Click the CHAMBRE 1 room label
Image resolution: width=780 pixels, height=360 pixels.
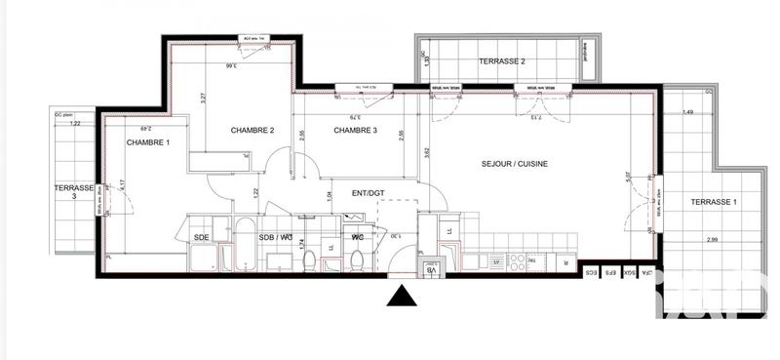coord(147,143)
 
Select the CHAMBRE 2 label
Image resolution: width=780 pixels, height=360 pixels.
coord(252,131)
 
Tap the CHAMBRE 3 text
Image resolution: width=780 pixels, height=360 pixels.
coord(356,131)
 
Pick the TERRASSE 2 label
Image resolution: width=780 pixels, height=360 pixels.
coord(502,61)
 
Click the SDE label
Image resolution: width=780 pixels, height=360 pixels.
coord(202,237)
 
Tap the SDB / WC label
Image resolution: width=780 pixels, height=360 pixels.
coord(276,237)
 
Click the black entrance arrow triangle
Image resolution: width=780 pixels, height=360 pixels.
coord(401,296)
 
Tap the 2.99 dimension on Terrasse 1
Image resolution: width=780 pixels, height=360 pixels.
coord(714,239)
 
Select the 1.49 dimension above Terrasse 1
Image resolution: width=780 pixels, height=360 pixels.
coord(688,112)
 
